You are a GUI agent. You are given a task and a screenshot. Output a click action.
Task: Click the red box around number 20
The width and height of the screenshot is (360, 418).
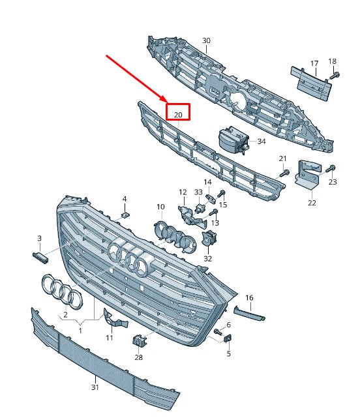tap(177, 112)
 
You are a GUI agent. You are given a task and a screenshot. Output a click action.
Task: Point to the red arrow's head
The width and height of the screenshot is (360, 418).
tap(164, 100)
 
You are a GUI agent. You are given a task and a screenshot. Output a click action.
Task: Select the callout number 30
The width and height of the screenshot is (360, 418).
tap(206, 41)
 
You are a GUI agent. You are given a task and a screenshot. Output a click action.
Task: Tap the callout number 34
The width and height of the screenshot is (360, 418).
tap(262, 141)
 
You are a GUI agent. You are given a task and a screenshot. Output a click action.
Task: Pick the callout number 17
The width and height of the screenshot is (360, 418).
tap(314, 64)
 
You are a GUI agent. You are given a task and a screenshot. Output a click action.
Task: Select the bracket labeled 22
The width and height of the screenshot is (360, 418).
tap(308, 175)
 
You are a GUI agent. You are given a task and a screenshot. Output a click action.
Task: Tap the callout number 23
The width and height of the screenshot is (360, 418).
tap(333, 182)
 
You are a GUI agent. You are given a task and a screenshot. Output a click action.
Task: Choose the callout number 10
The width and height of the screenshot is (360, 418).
tap(160, 207)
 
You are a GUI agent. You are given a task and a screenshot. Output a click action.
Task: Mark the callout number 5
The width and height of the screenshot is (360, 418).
tap(229, 354)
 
